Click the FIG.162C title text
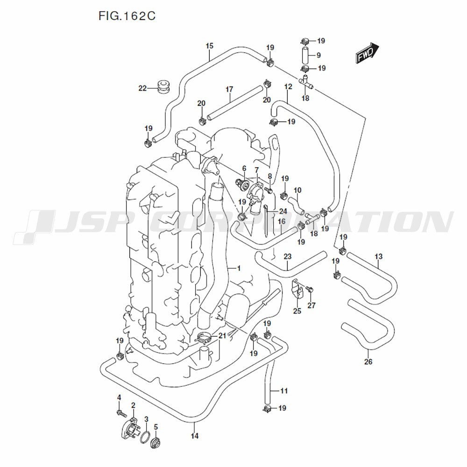[127, 17]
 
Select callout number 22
[142, 88]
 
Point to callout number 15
[209, 46]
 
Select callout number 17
[229, 89]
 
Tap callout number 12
[288, 87]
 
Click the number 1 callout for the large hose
[239, 268]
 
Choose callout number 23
[287, 256]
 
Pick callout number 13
[378, 256]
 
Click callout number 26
[368, 361]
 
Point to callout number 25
[297, 311]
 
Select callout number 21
[222, 336]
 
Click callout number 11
[284, 390]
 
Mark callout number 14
[195, 436]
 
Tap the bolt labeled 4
[120, 413]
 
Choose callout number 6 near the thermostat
[244, 168]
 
